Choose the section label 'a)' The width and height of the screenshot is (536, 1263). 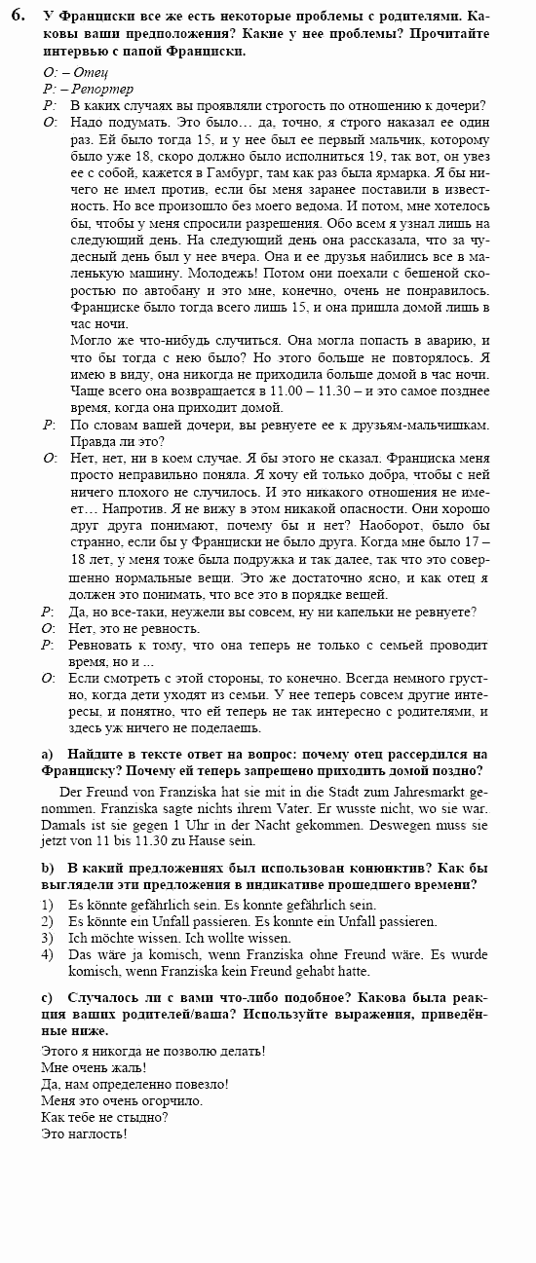[x=47, y=755]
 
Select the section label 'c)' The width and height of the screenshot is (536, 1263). [x=47, y=999]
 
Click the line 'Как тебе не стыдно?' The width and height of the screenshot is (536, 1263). [x=105, y=1118]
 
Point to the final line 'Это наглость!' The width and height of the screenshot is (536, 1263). [x=85, y=1134]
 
